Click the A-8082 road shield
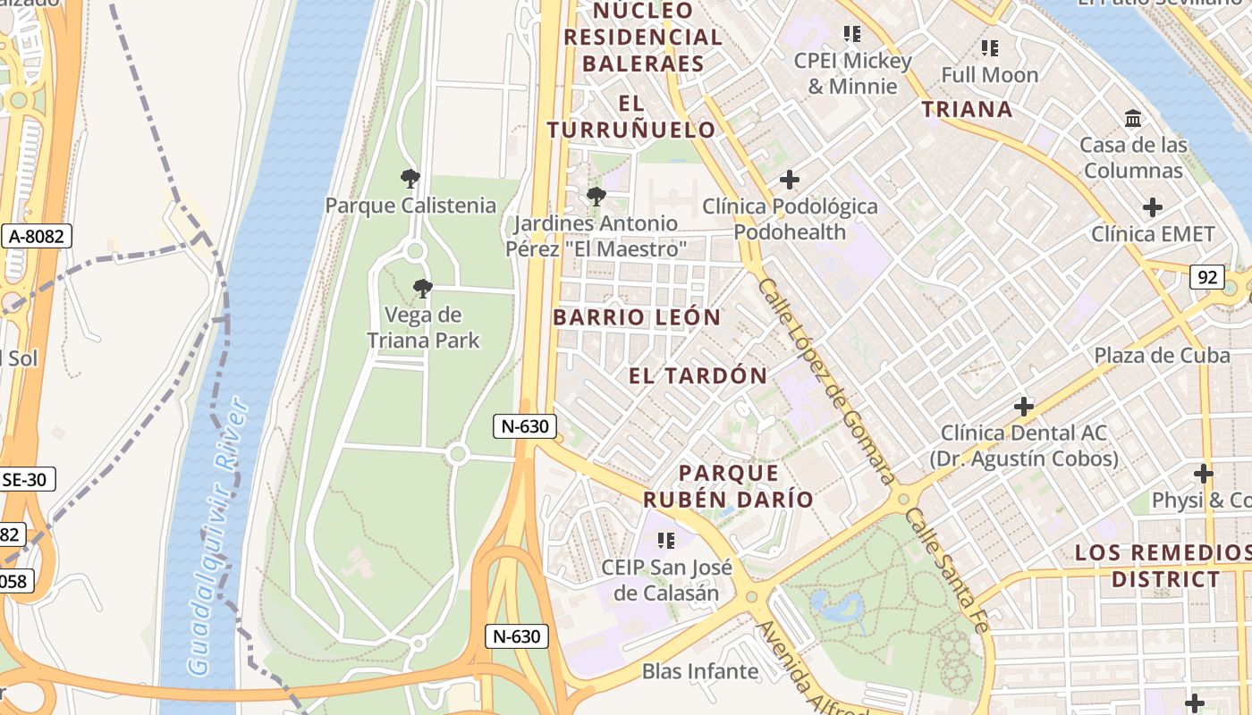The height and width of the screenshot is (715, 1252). [37, 236]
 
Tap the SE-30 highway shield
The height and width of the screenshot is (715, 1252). [25, 479]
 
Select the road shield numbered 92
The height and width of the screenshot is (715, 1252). [1207, 277]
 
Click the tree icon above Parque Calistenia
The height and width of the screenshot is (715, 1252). [410, 179]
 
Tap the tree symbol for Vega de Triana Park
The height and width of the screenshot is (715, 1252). [422, 289]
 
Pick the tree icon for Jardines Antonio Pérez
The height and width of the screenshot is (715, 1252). [596, 197]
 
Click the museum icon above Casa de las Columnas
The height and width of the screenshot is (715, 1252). [1133, 119]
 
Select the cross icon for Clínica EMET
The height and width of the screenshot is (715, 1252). [1153, 208]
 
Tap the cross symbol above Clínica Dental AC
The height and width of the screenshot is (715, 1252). [1024, 407]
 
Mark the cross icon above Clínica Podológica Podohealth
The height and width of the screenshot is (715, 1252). [789, 180]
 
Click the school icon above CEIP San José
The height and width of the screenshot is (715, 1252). [665, 540]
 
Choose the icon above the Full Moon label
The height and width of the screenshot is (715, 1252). [989, 48]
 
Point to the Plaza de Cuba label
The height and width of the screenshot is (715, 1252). [1162, 355]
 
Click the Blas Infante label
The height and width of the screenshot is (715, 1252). [700, 671]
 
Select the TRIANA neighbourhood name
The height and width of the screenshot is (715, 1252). [967, 110]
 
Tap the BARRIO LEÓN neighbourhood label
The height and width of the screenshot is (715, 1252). [637, 317]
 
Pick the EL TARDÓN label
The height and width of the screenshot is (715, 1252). [698, 375]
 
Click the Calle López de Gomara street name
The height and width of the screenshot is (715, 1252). [825, 380]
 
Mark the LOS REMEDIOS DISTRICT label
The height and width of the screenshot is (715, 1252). [1164, 566]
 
